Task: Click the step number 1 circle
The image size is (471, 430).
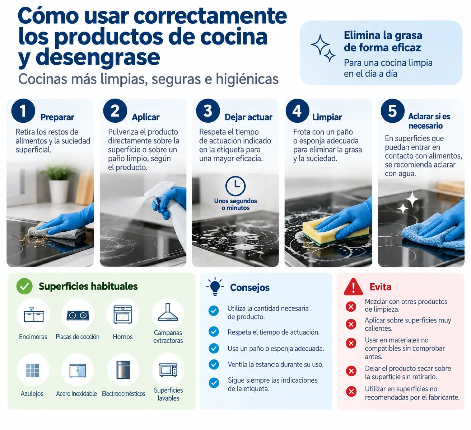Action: tap(23, 111)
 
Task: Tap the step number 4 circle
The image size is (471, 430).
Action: tap(297, 111)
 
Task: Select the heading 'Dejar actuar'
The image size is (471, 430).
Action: tap(248, 117)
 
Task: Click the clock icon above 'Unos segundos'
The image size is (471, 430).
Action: tap(235, 186)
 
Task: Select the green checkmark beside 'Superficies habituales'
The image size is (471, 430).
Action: tap(24, 286)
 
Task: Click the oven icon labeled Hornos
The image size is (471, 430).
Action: tap(123, 315)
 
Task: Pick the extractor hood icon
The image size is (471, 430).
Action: tap(168, 312)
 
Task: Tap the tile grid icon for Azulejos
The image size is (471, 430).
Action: tap(33, 370)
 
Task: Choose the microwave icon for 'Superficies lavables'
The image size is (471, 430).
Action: tap(168, 370)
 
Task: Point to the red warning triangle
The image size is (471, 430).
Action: tap(353, 287)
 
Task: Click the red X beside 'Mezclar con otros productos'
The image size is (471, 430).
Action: tap(351, 307)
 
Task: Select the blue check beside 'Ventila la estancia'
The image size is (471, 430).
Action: tap(214, 364)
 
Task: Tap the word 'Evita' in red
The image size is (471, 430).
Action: tap(381, 287)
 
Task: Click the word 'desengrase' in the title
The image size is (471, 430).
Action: tap(98, 57)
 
